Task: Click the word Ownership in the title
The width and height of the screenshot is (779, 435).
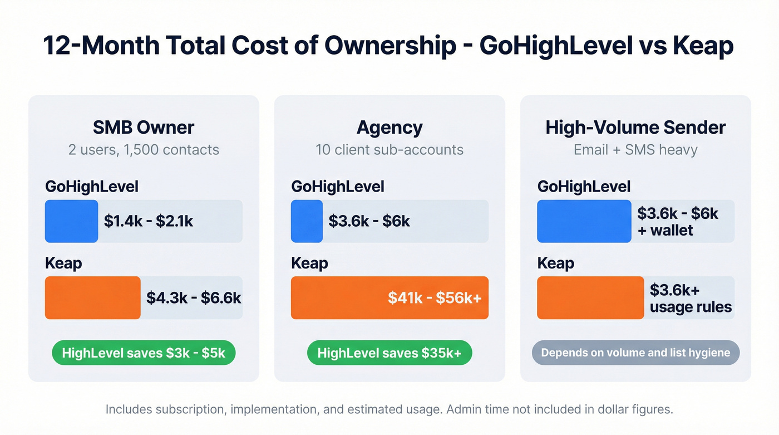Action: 392,45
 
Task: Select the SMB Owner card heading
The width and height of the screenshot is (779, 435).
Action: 144,128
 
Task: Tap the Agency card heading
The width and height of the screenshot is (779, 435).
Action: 389,128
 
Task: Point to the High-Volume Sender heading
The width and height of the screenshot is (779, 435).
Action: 635,128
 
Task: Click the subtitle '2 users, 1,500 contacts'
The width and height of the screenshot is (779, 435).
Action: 144,150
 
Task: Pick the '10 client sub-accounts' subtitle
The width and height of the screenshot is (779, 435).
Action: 389,150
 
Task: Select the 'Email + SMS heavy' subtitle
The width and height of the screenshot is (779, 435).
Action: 635,150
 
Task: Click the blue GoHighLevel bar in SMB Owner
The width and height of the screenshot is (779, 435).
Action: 72,221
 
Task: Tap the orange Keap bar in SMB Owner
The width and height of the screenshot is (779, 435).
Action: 93,298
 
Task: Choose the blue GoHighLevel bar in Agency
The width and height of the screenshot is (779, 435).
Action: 307,221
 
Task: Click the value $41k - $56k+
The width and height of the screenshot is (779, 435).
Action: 435,298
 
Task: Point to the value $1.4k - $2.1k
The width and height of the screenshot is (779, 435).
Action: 149,221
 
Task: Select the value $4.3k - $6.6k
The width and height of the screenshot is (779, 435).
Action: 194,298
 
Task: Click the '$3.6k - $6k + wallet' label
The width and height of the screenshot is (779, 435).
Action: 678,222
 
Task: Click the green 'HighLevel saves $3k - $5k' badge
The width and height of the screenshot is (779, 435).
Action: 144,353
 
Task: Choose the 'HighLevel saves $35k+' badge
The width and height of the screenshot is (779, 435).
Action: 389,353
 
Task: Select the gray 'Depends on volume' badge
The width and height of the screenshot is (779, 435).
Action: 635,353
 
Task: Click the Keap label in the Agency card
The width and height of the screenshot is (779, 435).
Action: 309,263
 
